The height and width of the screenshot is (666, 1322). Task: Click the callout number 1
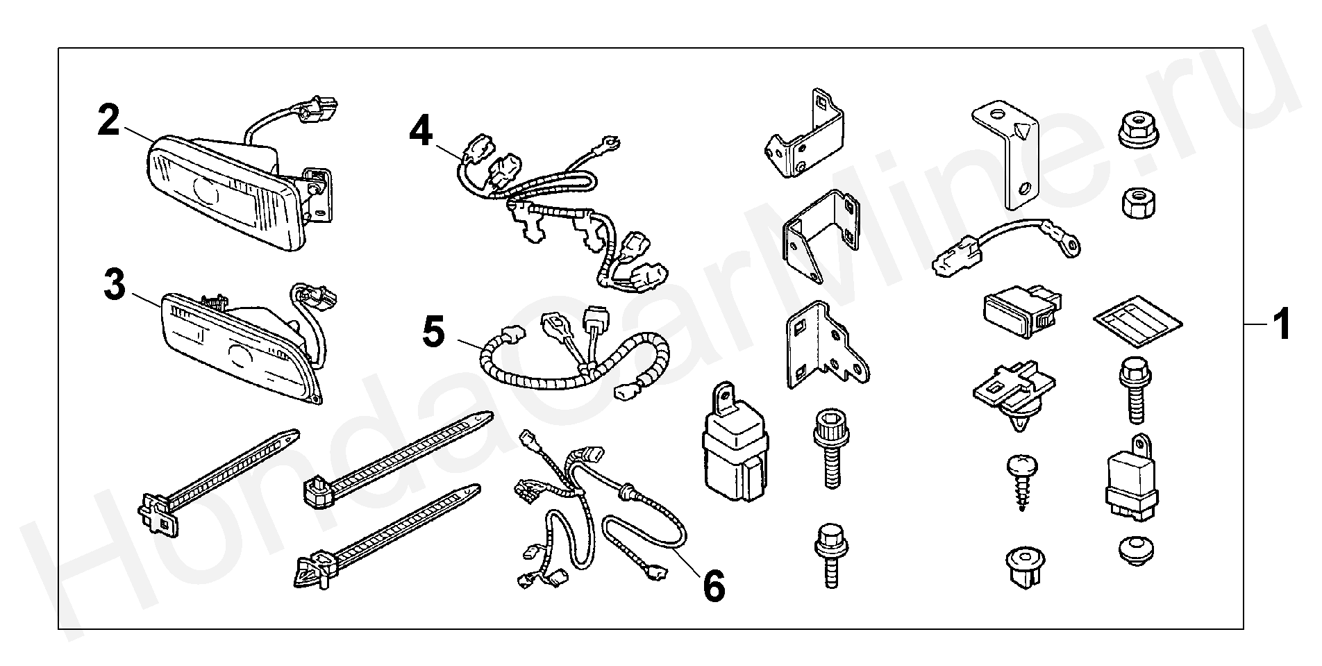pyautogui.click(x=1280, y=325)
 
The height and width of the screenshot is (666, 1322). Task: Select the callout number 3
pyautogui.click(x=115, y=285)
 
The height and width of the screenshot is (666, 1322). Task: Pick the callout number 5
pyautogui.click(x=433, y=332)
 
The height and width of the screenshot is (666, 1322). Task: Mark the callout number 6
pyautogui.click(x=714, y=585)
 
